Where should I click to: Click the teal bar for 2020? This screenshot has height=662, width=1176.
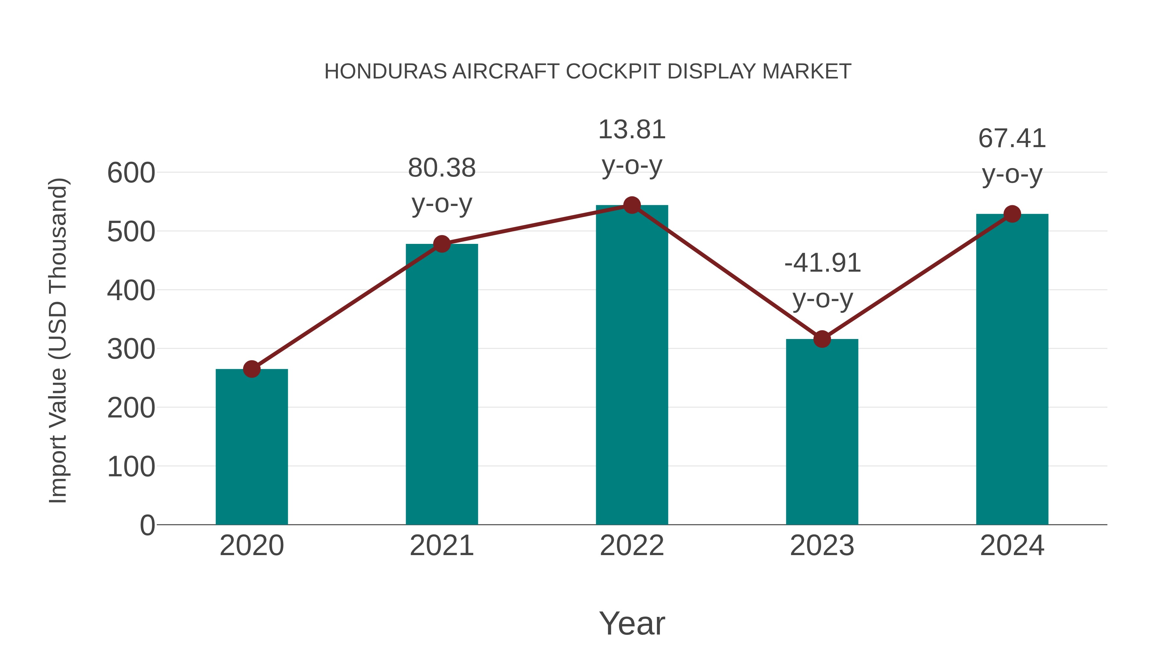[252, 448]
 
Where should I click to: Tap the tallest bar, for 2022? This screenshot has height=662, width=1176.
[632, 365]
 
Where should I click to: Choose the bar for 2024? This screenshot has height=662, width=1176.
[1012, 370]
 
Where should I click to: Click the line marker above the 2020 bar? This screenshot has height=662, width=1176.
[252, 369]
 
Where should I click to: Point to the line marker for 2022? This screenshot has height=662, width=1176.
[632, 205]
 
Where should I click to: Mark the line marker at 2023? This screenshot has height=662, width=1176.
[822, 339]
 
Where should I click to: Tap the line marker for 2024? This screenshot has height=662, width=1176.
[1012, 214]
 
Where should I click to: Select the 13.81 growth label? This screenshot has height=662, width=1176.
[632, 130]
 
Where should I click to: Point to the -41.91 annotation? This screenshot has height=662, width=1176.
[822, 263]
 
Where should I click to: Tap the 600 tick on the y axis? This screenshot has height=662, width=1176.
[131, 173]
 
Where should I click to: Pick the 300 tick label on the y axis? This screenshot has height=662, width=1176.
[131, 349]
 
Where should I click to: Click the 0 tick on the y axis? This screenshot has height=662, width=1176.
[147, 525]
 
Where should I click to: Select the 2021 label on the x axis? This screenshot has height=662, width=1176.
[441, 546]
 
